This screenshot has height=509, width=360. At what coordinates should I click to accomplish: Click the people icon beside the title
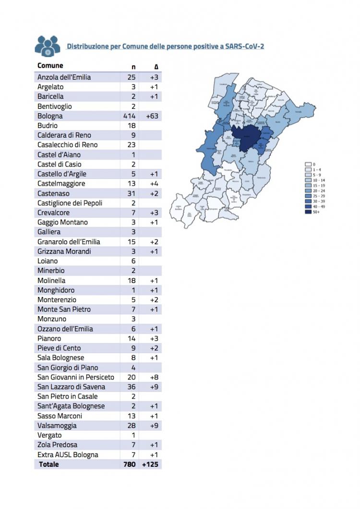48,46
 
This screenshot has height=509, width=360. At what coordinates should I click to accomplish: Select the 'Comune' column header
50,66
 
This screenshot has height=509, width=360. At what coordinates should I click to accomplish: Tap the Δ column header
156,67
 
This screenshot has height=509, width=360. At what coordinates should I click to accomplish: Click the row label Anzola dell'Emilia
64,77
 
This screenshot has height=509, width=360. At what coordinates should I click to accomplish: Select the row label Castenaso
54,193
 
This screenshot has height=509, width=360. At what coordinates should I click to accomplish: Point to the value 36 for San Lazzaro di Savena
131,387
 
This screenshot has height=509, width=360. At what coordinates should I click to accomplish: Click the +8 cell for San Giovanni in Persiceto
154,377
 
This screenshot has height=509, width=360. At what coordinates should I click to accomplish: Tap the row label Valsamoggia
57,426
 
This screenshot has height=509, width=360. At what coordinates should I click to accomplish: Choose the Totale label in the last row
49,464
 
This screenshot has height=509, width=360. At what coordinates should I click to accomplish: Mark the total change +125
151,464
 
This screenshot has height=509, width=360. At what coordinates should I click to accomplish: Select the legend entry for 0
311,165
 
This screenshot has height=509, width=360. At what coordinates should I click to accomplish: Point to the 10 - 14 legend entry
315,180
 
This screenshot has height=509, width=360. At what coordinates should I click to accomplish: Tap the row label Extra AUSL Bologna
68,454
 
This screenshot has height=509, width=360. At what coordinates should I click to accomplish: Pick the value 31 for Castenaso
132,193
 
